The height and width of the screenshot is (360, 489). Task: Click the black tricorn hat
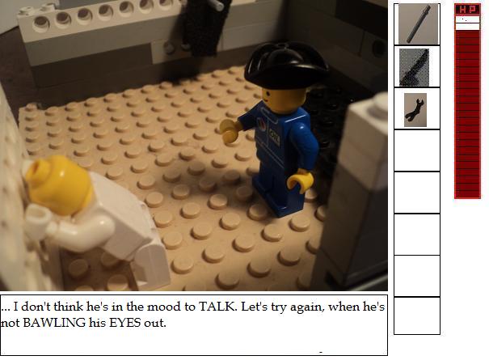(x=285, y=66)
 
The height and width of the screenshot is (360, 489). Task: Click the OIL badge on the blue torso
(x=274, y=137)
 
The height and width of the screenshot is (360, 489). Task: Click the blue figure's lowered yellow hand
(x=300, y=180)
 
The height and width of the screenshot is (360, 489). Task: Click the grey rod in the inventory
(x=419, y=24)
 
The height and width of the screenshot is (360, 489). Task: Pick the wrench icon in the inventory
(x=414, y=110)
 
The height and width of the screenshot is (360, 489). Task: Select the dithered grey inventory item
(x=414, y=67)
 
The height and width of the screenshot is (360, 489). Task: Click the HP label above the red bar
(x=467, y=10)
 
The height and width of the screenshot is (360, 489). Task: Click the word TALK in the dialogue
(x=216, y=307)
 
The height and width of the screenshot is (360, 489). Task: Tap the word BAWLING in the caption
(x=54, y=323)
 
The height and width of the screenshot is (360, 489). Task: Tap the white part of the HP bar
(x=467, y=23)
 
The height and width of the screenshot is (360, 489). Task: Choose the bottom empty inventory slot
(x=417, y=316)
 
